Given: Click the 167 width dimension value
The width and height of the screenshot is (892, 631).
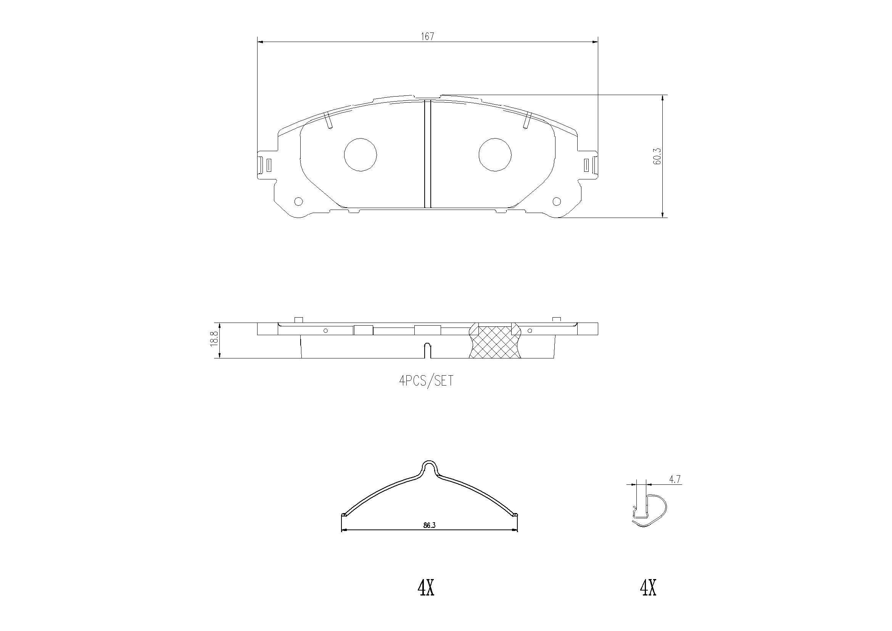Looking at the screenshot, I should tap(427, 37).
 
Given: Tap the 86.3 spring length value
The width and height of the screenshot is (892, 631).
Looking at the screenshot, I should tap(429, 525).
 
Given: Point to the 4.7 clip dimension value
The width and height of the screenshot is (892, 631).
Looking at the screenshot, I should tap(675, 480).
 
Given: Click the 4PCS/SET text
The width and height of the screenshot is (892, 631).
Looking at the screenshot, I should tap(426, 381).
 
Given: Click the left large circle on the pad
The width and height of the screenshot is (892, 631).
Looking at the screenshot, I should tap(361, 154).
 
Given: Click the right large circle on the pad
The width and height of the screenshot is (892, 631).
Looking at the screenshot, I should tap(495, 154).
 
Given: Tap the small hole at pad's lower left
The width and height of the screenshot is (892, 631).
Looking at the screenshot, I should tap(298, 202).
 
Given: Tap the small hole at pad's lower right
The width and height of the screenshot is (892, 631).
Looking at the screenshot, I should tap(557, 202).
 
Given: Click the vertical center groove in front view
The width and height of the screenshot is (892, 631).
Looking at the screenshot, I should tap(428, 155).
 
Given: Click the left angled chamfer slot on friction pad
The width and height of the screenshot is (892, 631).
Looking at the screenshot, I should tap(328, 121).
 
